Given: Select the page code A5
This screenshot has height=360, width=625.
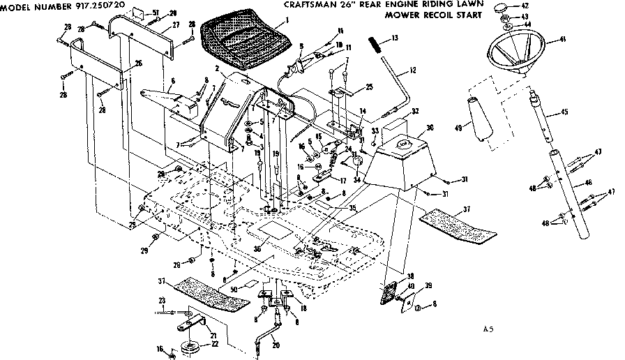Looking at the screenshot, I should point(489,327).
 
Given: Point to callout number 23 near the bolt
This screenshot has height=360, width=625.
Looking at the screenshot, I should point(162,301).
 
